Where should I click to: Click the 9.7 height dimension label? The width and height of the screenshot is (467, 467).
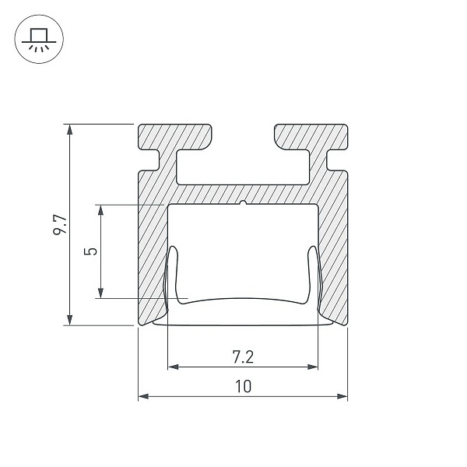(61, 224)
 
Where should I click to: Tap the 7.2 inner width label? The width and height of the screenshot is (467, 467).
(243, 357)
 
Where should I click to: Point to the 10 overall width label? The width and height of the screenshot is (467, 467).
(244, 386)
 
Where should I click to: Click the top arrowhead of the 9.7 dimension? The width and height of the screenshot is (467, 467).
(70, 129)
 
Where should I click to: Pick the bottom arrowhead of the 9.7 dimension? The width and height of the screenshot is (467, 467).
(70, 320)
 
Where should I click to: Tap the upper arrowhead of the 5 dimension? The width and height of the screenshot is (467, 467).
(100, 210)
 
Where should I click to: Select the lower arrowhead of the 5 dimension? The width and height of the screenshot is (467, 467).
(100, 293)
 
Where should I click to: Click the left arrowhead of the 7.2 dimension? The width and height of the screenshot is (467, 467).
(174, 367)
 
